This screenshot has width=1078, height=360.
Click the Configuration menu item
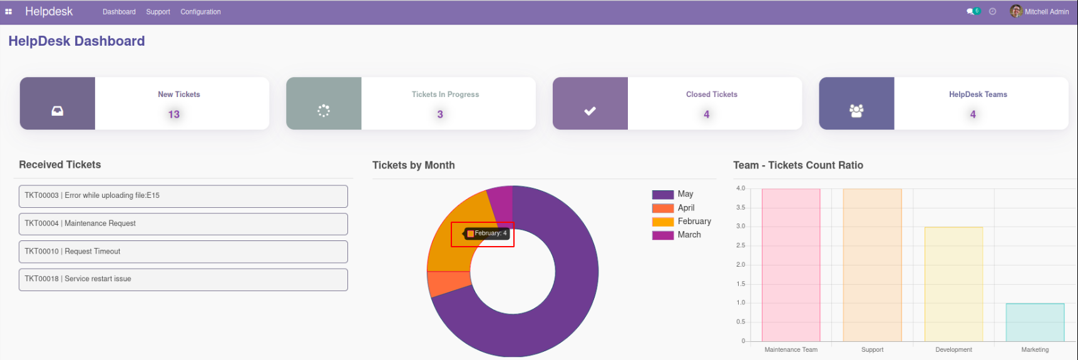click(x=200, y=12)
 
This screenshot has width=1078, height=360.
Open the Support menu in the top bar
click(x=158, y=12)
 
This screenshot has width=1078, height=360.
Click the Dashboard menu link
click(x=119, y=12)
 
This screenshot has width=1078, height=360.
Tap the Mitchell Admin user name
click(x=1046, y=12)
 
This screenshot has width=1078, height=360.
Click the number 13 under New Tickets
click(x=174, y=115)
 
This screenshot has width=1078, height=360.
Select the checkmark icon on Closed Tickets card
click(x=590, y=111)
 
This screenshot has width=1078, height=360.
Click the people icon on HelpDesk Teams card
click(x=856, y=111)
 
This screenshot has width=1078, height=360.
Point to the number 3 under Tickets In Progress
click(x=440, y=115)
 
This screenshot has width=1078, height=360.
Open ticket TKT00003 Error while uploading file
click(x=183, y=196)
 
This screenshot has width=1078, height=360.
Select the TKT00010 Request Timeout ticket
click(x=183, y=252)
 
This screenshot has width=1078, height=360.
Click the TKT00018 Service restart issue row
click(x=183, y=279)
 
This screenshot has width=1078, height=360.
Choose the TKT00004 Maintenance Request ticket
click(x=183, y=224)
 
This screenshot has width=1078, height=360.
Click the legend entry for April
click(x=686, y=208)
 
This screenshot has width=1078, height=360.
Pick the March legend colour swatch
click(x=662, y=235)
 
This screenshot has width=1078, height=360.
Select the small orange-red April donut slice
click(x=448, y=283)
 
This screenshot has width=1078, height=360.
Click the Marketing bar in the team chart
click(x=1035, y=322)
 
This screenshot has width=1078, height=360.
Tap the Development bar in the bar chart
click(x=953, y=285)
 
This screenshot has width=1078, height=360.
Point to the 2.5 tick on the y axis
click(x=741, y=245)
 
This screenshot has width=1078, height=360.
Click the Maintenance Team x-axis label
click(x=791, y=350)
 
